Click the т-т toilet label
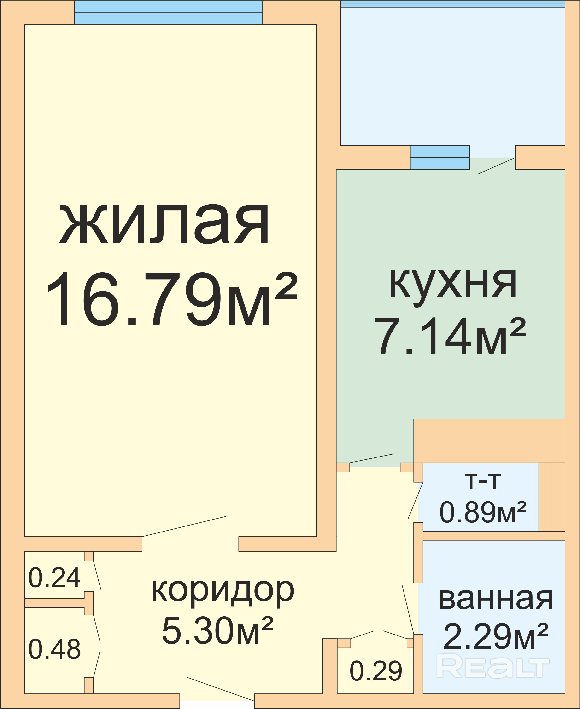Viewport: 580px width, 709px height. coord(483,482)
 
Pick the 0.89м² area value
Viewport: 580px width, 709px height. coord(483,512)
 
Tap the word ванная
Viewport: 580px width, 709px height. coord(495,599)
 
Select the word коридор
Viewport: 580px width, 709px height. coord(223,593)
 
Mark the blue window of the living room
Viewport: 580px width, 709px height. coord(168,12)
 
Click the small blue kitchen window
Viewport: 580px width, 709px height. coord(440,158)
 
